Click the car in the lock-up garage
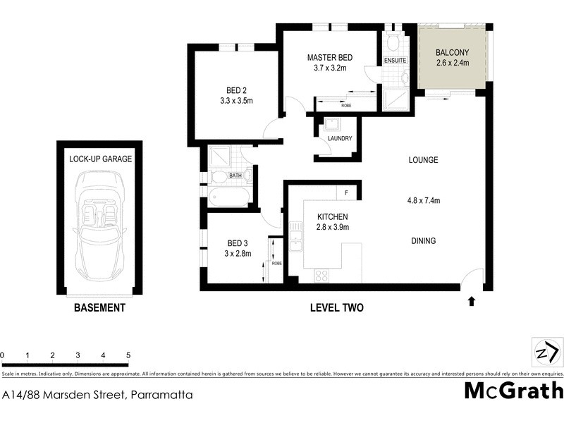(x=99, y=219)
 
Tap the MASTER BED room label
(x=329, y=58)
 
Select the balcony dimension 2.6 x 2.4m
(x=452, y=63)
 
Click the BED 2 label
(x=237, y=90)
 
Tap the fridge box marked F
(x=347, y=192)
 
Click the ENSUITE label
(x=395, y=61)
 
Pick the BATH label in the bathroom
(x=235, y=175)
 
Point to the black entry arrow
(x=471, y=302)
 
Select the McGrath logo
(x=513, y=391)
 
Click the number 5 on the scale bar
(x=128, y=355)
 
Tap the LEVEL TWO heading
(x=337, y=308)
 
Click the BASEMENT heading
(x=99, y=308)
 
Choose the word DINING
(x=423, y=240)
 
